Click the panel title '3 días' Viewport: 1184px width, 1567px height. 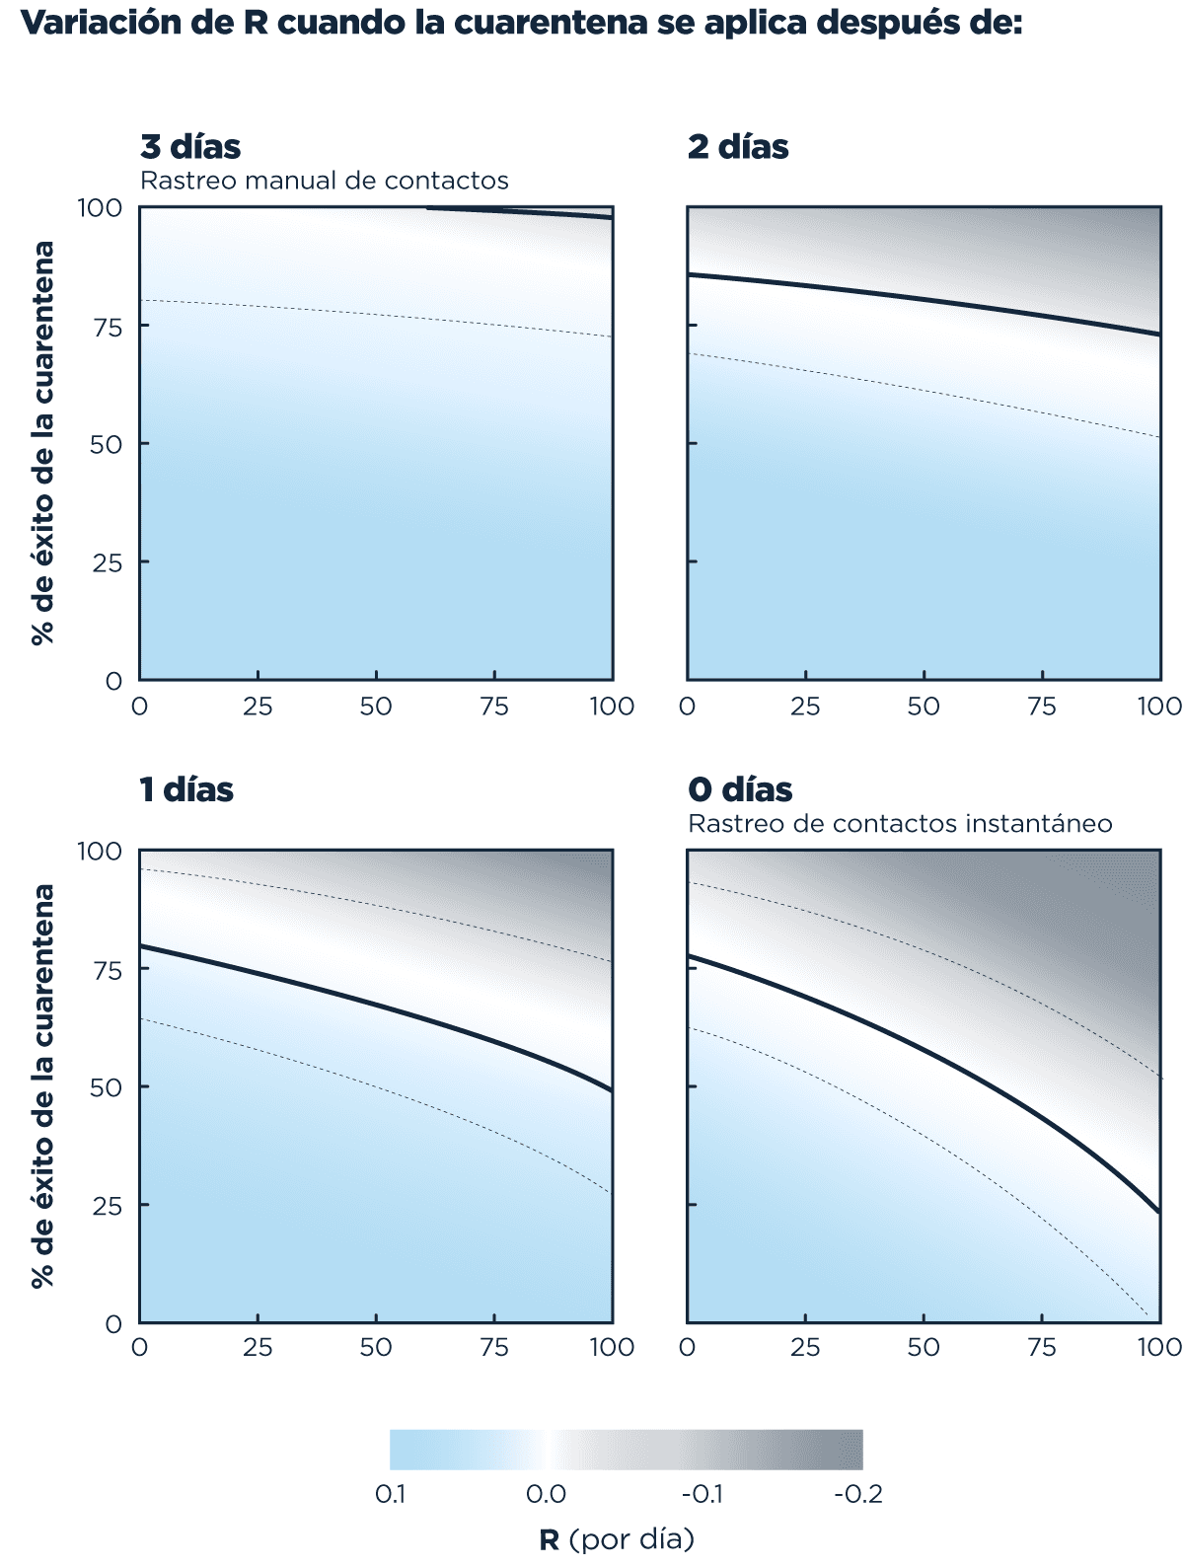pyautogui.click(x=190, y=147)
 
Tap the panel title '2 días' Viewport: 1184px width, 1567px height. pyautogui.click(x=738, y=147)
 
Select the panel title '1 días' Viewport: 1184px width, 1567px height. pyautogui.click(x=186, y=789)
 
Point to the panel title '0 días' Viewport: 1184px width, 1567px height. pyautogui.click(x=740, y=789)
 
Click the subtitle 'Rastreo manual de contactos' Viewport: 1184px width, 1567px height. pyautogui.click(x=325, y=181)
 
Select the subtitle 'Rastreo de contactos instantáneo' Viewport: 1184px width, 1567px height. pyautogui.click(x=900, y=823)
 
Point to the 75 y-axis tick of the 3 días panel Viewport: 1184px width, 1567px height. pyautogui.click(x=100, y=327)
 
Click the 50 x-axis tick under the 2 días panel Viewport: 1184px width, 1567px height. pyautogui.click(x=924, y=707)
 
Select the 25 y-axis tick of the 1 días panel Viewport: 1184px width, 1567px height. pyautogui.click(x=100, y=1206)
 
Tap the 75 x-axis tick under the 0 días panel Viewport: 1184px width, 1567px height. pyautogui.click(x=1042, y=1348)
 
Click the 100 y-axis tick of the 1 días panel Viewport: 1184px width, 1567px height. pyautogui.click(x=100, y=851)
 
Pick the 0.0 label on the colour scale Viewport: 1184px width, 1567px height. pyautogui.click(x=546, y=1494)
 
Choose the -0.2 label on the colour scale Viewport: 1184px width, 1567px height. pyautogui.click(x=857, y=1494)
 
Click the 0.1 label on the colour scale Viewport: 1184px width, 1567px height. pyautogui.click(x=391, y=1494)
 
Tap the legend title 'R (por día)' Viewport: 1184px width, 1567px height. pyautogui.click(x=617, y=1539)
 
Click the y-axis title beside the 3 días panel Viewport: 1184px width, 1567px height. pyautogui.click(x=42, y=443)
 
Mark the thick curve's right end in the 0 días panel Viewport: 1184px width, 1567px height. pyautogui.click(x=1158, y=1212)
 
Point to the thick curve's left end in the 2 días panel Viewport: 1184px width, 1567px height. pyautogui.click(x=689, y=274)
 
